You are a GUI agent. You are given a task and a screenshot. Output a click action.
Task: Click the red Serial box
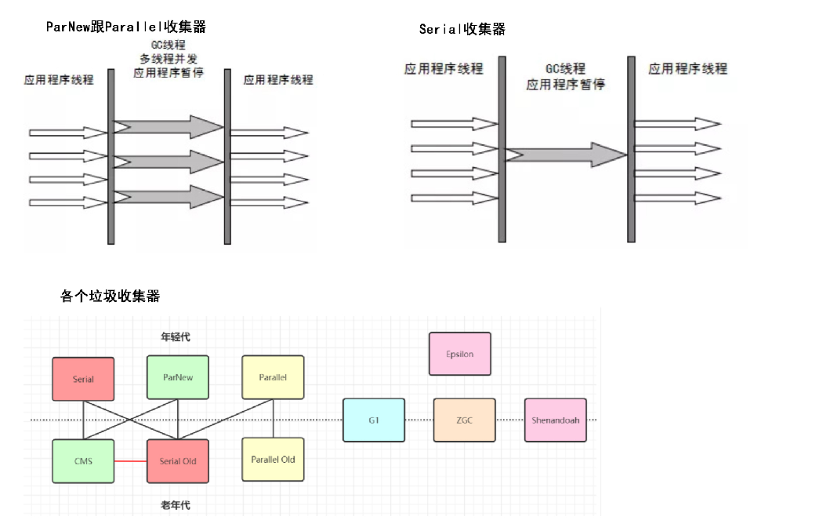(83, 379)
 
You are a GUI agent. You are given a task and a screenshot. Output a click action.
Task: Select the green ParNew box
(178, 377)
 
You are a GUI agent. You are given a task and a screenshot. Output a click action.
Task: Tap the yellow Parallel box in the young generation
(273, 377)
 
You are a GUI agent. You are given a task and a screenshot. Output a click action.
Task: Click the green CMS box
(83, 460)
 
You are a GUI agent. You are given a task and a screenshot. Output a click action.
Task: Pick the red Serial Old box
(178, 460)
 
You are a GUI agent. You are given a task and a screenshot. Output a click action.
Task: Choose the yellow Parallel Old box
(273, 459)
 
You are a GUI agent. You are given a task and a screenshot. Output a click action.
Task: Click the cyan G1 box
(374, 420)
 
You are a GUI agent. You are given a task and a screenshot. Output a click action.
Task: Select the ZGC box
(464, 420)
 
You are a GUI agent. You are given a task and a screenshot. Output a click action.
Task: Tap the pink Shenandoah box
(556, 420)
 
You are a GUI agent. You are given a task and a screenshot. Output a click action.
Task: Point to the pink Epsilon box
(460, 354)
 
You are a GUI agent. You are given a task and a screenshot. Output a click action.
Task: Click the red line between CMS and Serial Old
(130, 461)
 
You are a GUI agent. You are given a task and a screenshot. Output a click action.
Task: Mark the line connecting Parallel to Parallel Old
(273, 418)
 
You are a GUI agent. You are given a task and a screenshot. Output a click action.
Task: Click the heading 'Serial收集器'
(462, 30)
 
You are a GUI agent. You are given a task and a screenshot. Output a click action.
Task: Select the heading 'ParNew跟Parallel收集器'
(126, 27)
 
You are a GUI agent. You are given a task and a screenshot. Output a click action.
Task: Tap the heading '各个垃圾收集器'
(110, 296)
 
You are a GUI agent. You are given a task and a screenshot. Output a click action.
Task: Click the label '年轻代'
(176, 337)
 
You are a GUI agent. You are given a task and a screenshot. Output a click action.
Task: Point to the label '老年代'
(176, 506)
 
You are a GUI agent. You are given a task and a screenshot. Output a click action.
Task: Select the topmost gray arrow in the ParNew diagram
(168, 127)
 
